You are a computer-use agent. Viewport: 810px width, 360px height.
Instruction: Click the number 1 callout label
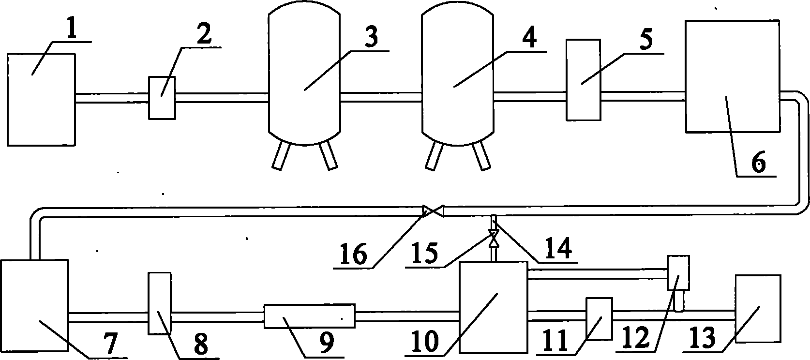71,31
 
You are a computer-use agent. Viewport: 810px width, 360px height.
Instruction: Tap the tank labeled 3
303,77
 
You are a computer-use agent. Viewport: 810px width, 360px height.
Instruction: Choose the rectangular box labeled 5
583,79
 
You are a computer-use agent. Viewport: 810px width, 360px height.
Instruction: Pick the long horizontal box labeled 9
309,316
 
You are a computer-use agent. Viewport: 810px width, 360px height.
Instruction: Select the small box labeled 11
599,319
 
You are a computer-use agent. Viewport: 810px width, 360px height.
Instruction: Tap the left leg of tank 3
280,156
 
